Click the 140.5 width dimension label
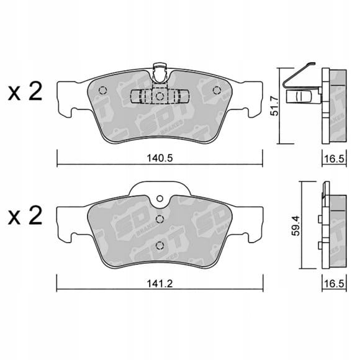(x=160, y=158)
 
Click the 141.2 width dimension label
(x=160, y=284)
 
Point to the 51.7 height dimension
(x=274, y=106)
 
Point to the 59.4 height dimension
(x=296, y=225)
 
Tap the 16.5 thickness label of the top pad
(x=335, y=159)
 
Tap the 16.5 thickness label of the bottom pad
(x=335, y=284)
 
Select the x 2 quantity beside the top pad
(x=25, y=92)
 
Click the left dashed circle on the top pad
(x=102, y=90)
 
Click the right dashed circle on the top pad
(x=217, y=90)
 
